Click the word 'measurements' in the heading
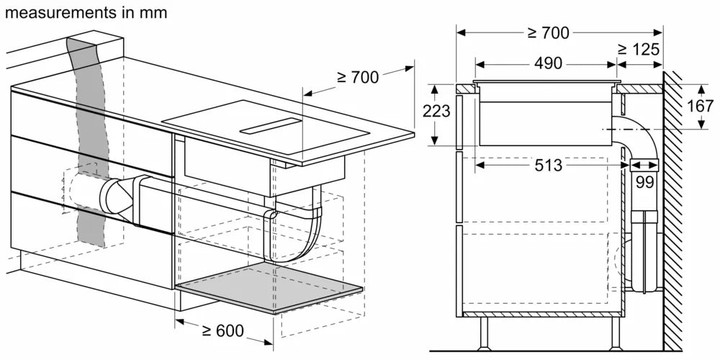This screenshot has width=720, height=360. click(x=53, y=12)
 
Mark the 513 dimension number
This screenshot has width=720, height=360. click(x=548, y=166)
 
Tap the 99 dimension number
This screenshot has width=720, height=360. click(x=644, y=183)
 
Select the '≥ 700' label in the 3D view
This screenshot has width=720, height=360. click(x=357, y=77)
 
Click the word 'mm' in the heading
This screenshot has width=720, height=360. click(x=155, y=12)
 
